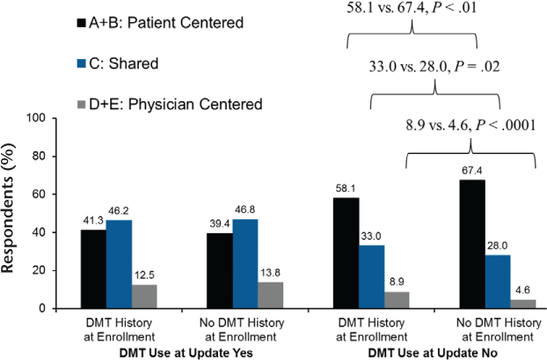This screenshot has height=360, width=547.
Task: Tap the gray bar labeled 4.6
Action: pyautogui.click(x=524, y=304)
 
